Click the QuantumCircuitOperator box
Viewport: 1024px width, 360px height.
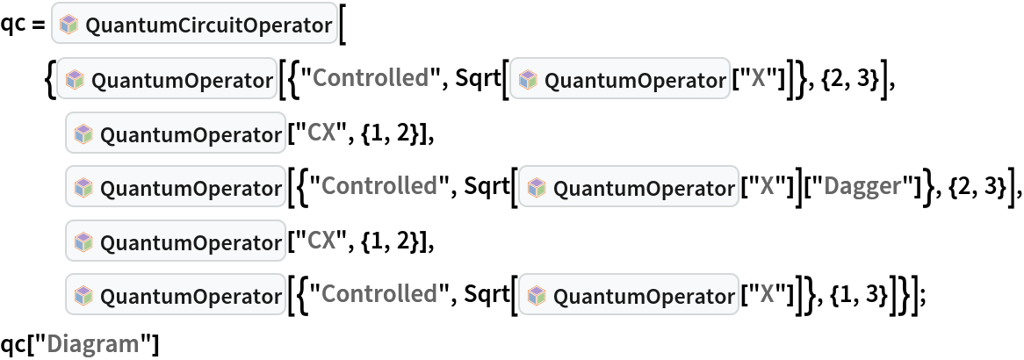[196, 25]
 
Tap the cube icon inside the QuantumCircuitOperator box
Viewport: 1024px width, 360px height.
[69, 26]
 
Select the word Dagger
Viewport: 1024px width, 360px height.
[862, 186]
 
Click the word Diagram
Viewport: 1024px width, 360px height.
[93, 343]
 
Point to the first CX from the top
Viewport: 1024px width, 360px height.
[321, 133]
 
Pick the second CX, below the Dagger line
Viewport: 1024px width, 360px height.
[321, 240]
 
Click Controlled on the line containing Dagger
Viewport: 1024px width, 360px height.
[379, 186]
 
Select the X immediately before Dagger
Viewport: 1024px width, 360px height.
[766, 186]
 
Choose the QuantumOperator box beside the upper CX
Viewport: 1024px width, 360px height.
[176, 134]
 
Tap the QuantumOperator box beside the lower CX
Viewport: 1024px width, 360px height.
[176, 241]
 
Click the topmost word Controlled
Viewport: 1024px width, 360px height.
[370, 79]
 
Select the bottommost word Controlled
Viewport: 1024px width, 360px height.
[379, 293]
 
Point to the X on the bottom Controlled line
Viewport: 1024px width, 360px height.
[766, 293]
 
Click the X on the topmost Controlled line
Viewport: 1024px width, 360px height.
[758, 79]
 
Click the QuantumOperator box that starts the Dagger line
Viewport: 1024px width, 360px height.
[176, 188]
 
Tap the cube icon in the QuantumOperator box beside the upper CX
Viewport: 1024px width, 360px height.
[84, 134]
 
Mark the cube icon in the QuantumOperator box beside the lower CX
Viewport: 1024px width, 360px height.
[84, 241]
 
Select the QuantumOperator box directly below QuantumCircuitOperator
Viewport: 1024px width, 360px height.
[167, 81]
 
